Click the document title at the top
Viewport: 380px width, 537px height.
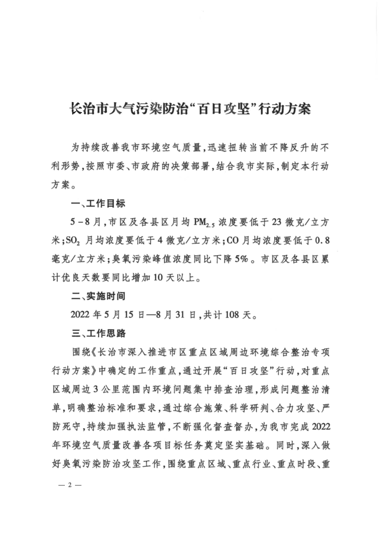tap(190, 110)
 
